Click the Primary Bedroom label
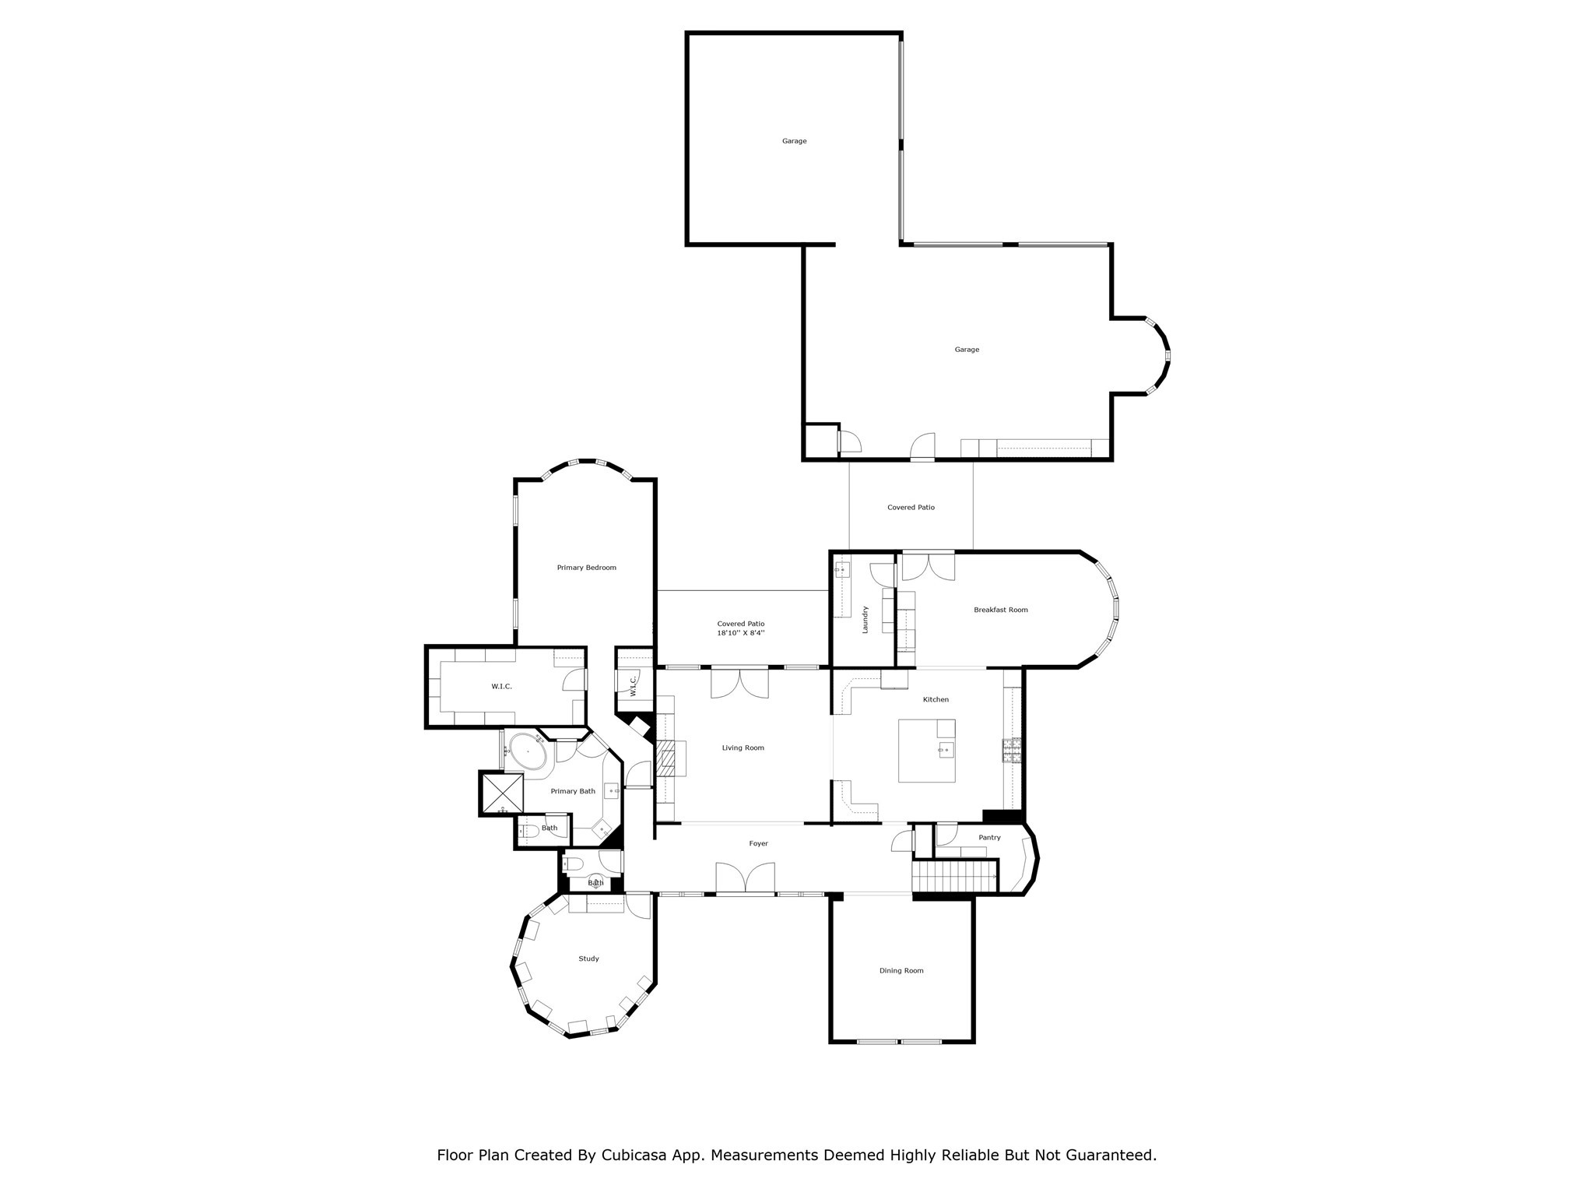point(586,568)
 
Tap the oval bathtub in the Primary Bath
point(528,751)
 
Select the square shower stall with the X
point(503,793)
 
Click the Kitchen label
point(936,699)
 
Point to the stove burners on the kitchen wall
point(1011,750)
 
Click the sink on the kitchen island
point(945,750)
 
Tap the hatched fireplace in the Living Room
point(667,757)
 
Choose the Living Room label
point(743,747)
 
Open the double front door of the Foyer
point(745,878)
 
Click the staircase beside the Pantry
point(954,876)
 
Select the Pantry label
point(989,838)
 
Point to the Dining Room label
point(901,970)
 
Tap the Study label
point(588,959)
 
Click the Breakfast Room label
point(1000,610)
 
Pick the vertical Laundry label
point(865,619)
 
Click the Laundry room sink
point(841,569)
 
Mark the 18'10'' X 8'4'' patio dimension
point(741,633)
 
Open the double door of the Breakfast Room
point(928,566)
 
